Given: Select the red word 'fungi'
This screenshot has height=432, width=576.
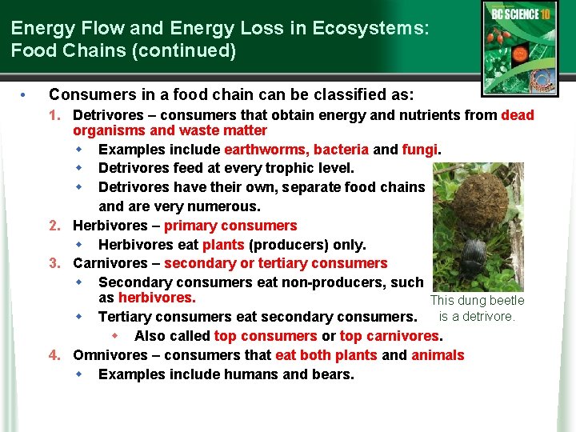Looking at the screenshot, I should (x=420, y=150).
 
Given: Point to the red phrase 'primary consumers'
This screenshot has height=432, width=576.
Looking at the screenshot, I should (x=230, y=226).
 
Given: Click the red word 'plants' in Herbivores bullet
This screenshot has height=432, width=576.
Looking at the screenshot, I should (x=223, y=245).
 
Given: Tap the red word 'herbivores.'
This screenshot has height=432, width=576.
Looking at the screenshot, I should (x=157, y=298).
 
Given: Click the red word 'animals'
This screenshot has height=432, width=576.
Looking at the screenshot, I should (x=438, y=355).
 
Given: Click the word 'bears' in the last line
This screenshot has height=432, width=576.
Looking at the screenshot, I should (x=333, y=374).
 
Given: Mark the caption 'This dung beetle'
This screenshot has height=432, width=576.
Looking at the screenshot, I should (x=477, y=301).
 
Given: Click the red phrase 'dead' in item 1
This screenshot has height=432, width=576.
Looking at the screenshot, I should (x=517, y=115).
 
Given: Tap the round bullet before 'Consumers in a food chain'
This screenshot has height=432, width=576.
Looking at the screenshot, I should (x=25, y=95).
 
